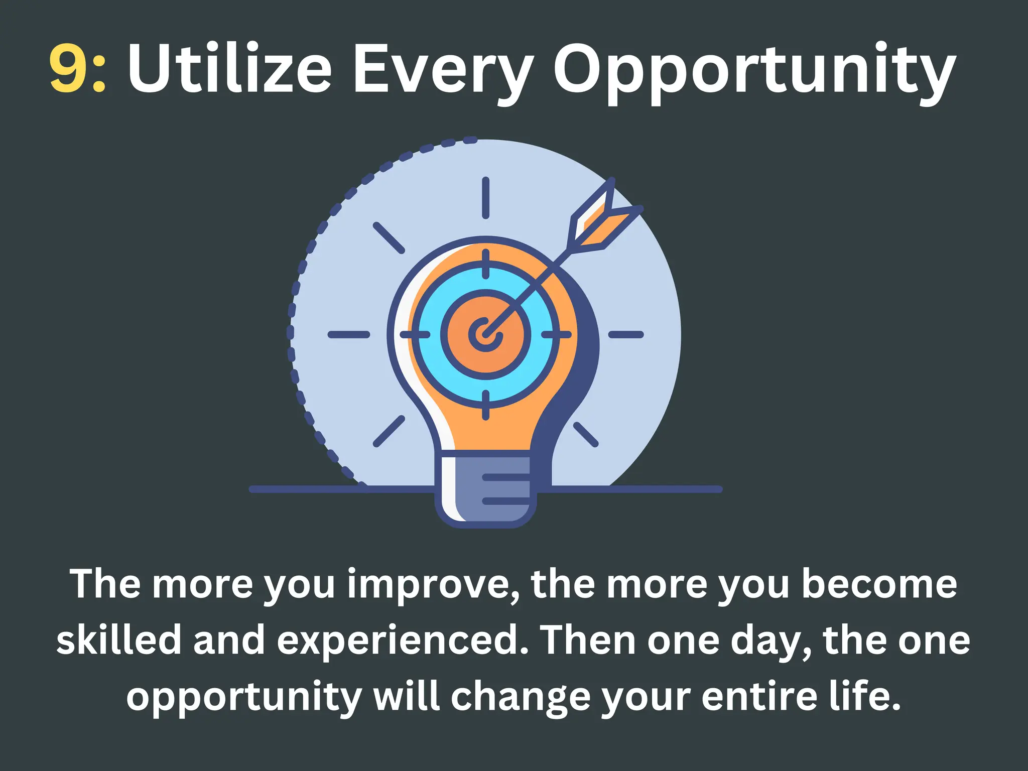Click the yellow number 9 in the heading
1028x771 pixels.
(x=69, y=68)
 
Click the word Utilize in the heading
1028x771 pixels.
(x=229, y=68)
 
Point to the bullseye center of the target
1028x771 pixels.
(x=484, y=334)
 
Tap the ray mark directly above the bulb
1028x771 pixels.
(x=485, y=198)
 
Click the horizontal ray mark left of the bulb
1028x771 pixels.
(x=349, y=334)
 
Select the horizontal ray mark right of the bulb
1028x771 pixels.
(x=626, y=334)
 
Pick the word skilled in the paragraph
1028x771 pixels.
(x=118, y=641)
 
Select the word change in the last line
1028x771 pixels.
(x=520, y=698)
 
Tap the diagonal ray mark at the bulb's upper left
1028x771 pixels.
(x=389, y=238)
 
